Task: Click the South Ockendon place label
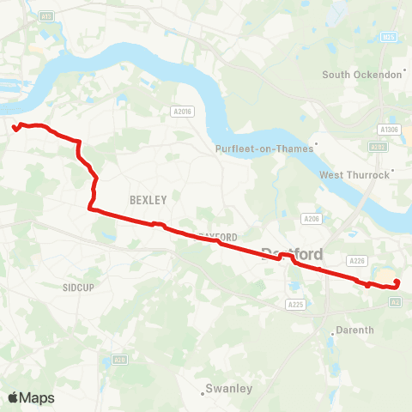361,75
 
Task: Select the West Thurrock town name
354,175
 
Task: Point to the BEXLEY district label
148,199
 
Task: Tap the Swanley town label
230,389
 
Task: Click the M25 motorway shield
388,38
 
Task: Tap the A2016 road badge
180,111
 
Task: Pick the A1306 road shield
390,130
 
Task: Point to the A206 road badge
311,219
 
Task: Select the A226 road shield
357,260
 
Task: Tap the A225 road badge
296,304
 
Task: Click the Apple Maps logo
31,397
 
